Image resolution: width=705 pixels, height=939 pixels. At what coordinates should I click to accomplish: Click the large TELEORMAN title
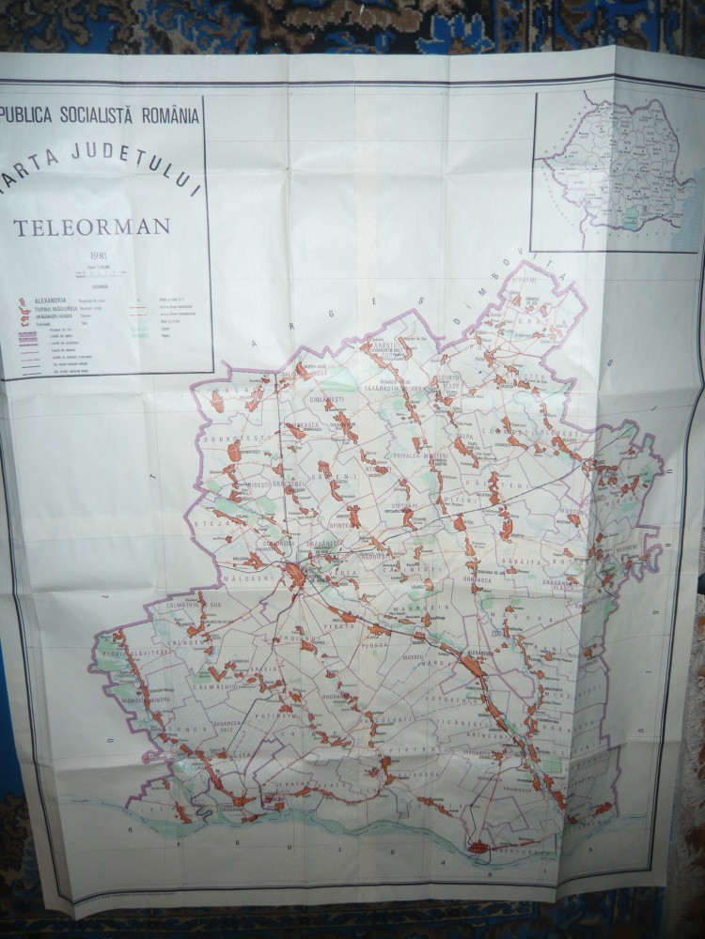[90, 225]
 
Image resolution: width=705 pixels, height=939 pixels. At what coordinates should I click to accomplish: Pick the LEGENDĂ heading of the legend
[101, 286]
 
